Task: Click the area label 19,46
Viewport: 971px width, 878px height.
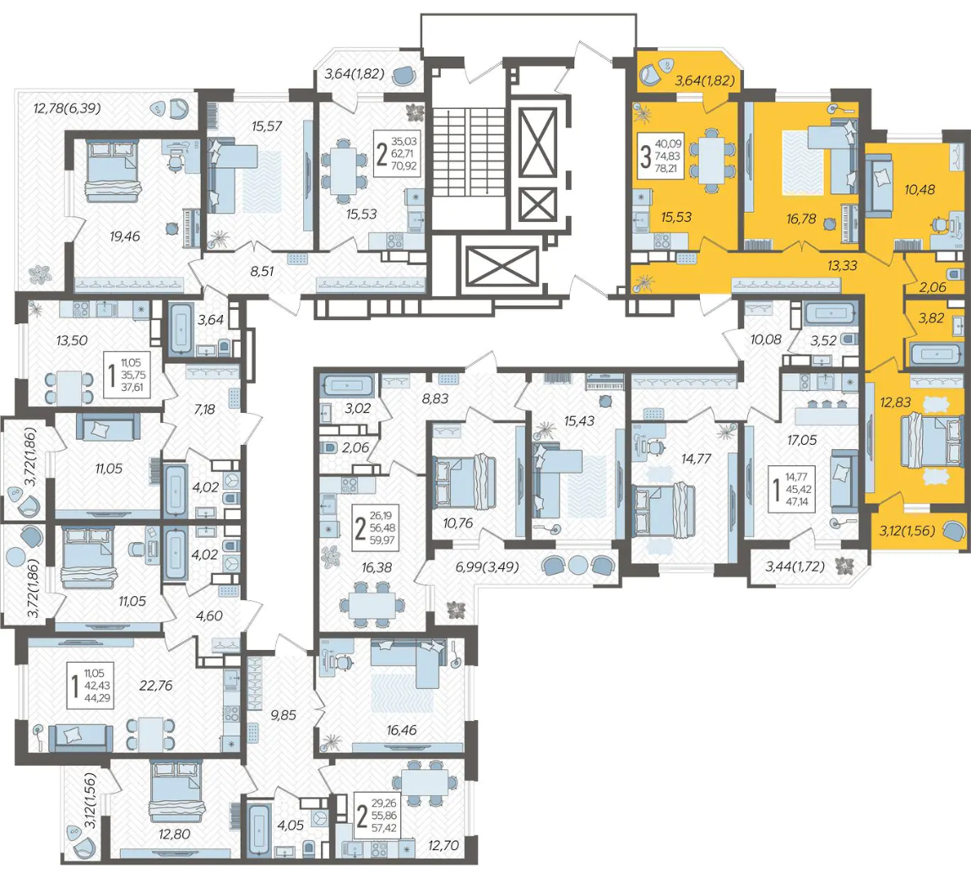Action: (x=125, y=236)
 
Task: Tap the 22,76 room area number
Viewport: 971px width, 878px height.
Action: (x=156, y=686)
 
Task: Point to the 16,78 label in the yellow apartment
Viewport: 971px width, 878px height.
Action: (x=801, y=219)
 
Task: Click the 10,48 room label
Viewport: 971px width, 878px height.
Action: (x=919, y=189)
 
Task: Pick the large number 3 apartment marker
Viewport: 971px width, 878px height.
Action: (x=645, y=157)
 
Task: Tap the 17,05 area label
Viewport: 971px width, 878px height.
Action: (x=802, y=440)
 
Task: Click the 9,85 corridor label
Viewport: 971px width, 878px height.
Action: (x=284, y=714)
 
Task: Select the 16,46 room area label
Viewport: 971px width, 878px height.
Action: (x=401, y=730)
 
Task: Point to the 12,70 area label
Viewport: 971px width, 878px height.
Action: (x=443, y=845)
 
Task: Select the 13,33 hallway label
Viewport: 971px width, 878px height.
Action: (x=842, y=266)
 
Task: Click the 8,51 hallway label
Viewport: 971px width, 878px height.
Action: (x=262, y=271)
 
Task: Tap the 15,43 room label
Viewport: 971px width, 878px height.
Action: (x=579, y=420)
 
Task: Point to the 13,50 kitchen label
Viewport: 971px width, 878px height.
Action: (x=72, y=340)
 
